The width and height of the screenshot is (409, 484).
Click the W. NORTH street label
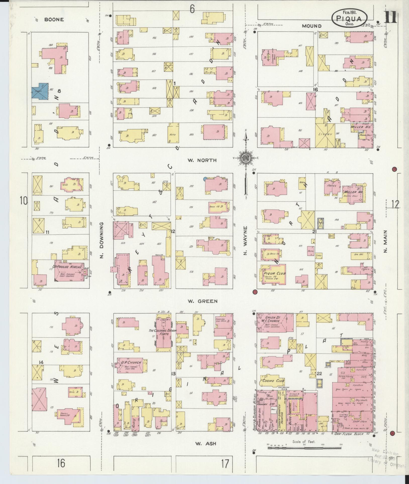point(202,160)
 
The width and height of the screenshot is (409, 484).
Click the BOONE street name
point(54,19)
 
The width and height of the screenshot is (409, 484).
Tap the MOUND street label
point(312,26)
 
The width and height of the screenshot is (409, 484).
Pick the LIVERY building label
point(325,134)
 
